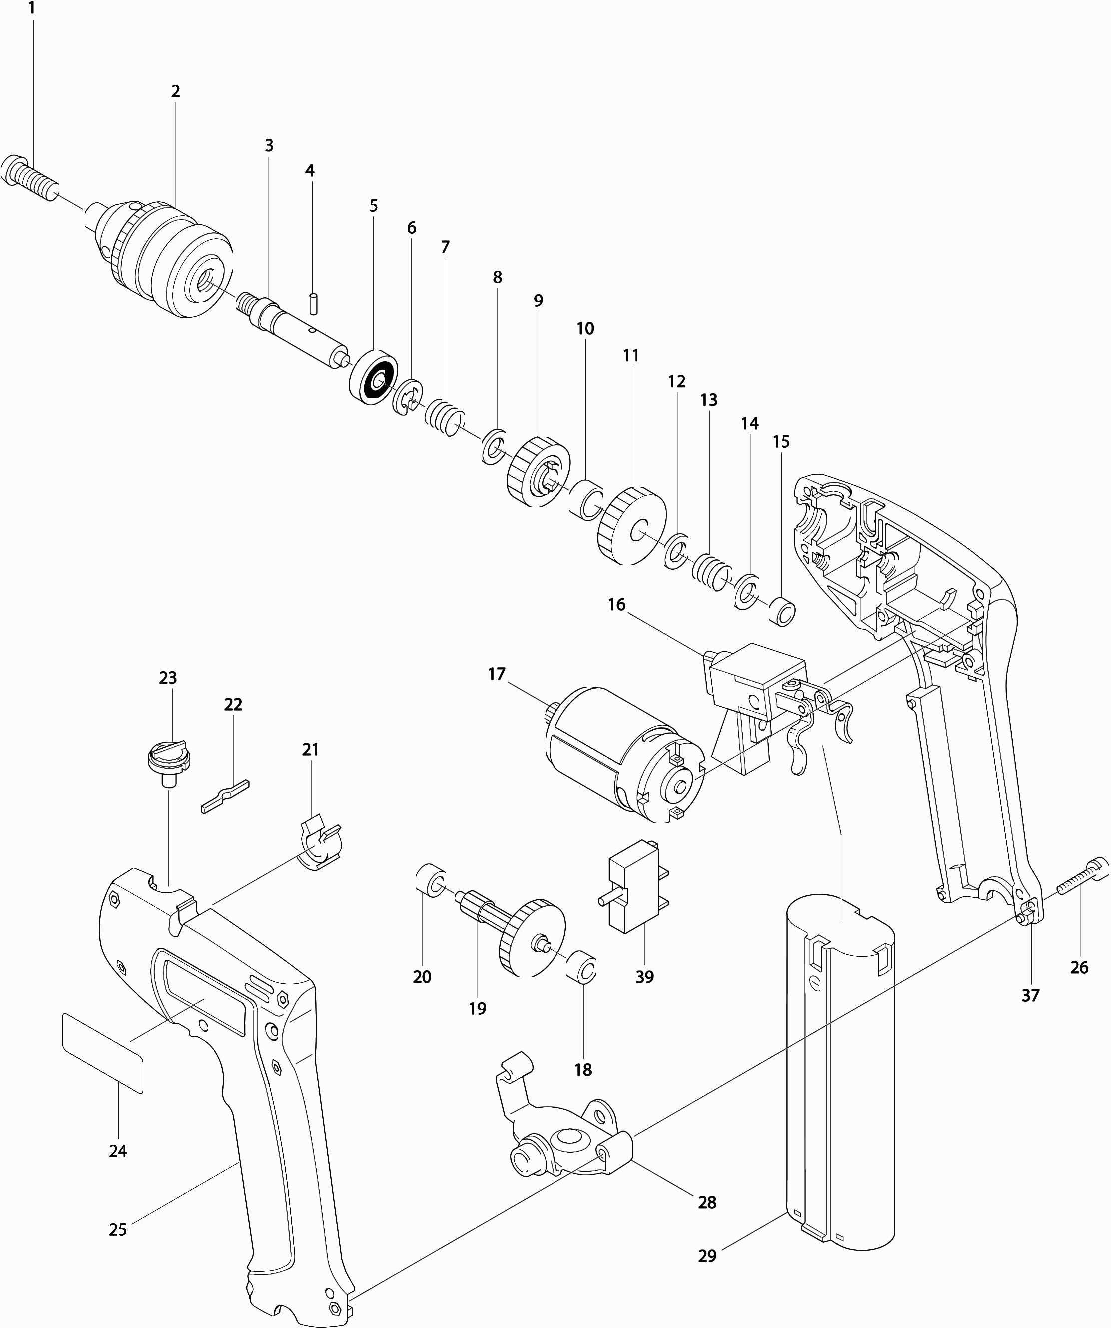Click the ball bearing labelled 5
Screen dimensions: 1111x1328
[373, 375]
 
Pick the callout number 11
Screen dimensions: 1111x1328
[631, 355]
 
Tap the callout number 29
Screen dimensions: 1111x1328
[707, 1256]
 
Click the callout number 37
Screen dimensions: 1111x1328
[1030, 996]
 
